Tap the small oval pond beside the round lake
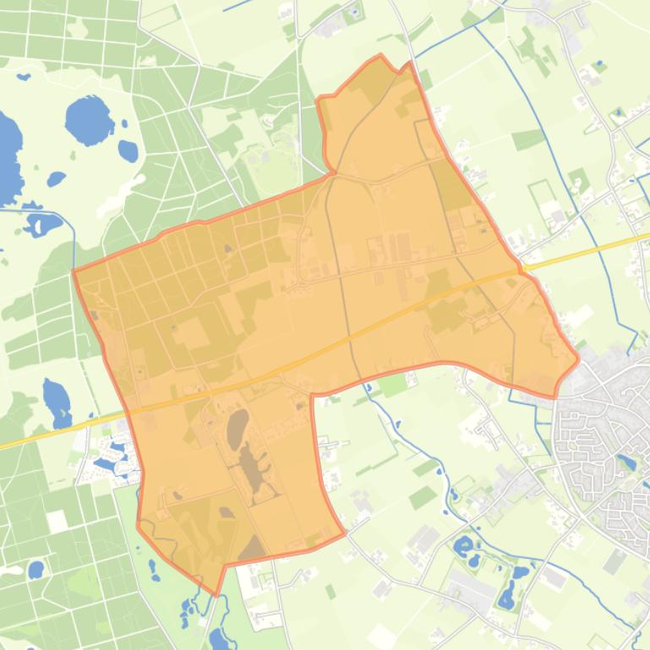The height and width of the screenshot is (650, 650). click(x=128, y=151)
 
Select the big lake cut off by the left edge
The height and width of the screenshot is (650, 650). click(x=7, y=156)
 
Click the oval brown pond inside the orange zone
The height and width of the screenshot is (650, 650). click(x=238, y=426)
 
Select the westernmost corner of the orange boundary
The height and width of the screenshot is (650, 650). click(x=74, y=272)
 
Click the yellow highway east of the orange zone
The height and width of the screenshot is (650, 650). click(x=592, y=252)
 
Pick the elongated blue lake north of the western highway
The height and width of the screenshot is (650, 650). click(x=57, y=402)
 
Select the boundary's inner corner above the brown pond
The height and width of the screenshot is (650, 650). click(x=312, y=394)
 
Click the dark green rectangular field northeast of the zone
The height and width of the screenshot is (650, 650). click(x=528, y=138)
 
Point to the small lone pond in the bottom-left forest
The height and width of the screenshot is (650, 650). click(x=35, y=571)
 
